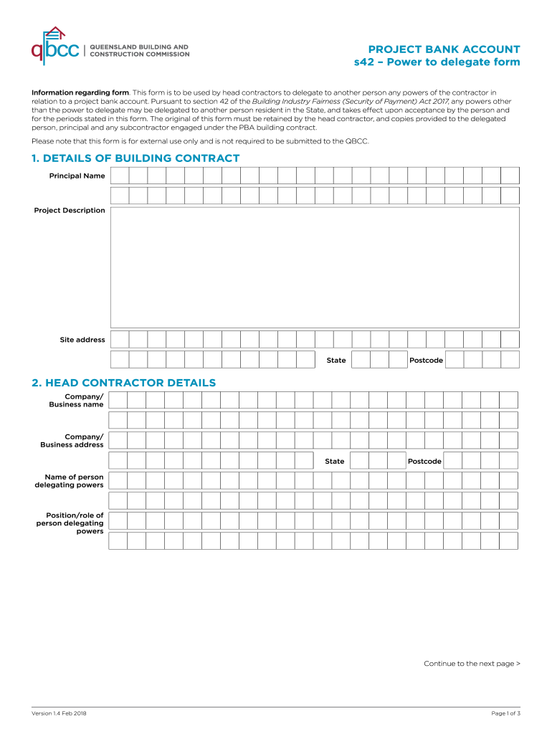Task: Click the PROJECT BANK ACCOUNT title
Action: [444, 49]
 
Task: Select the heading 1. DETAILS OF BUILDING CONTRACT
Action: [135, 158]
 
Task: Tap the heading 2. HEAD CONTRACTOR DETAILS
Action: [123, 383]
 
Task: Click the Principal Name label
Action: [77, 176]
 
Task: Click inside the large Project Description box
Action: [314, 267]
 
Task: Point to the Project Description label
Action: [70, 211]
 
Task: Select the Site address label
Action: [82, 340]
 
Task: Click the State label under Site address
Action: [336, 360]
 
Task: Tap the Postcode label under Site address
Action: [426, 360]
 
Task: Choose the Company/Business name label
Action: [76, 400]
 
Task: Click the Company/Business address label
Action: [72, 440]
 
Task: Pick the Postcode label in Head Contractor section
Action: [424, 461]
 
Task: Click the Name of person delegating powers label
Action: [69, 480]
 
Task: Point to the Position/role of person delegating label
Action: [70, 523]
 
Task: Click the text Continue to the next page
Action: [472, 664]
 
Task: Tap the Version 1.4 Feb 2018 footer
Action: [60, 713]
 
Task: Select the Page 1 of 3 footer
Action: [505, 713]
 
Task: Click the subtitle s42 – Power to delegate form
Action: [437, 62]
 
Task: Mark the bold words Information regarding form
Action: [80, 92]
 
